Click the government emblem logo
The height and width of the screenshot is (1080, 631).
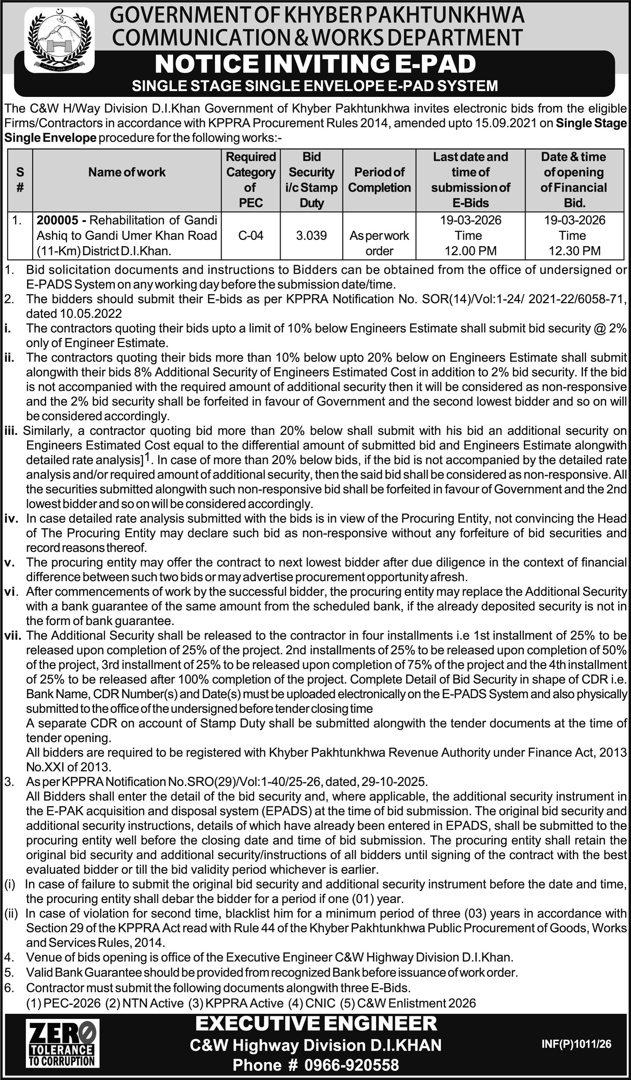click(59, 40)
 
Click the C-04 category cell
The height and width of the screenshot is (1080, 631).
click(251, 235)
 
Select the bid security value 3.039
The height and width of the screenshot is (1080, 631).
click(311, 235)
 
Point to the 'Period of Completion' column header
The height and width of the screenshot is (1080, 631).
click(379, 180)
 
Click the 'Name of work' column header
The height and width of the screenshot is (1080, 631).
click(127, 172)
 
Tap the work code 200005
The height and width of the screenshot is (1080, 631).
click(57, 220)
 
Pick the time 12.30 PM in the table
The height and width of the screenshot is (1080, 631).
click(574, 251)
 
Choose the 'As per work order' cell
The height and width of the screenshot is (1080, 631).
click(379, 243)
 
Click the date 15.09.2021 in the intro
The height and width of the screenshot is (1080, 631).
click(506, 123)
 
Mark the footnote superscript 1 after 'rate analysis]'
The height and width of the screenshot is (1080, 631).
click(147, 458)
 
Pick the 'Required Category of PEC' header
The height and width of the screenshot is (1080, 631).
click(251, 180)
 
